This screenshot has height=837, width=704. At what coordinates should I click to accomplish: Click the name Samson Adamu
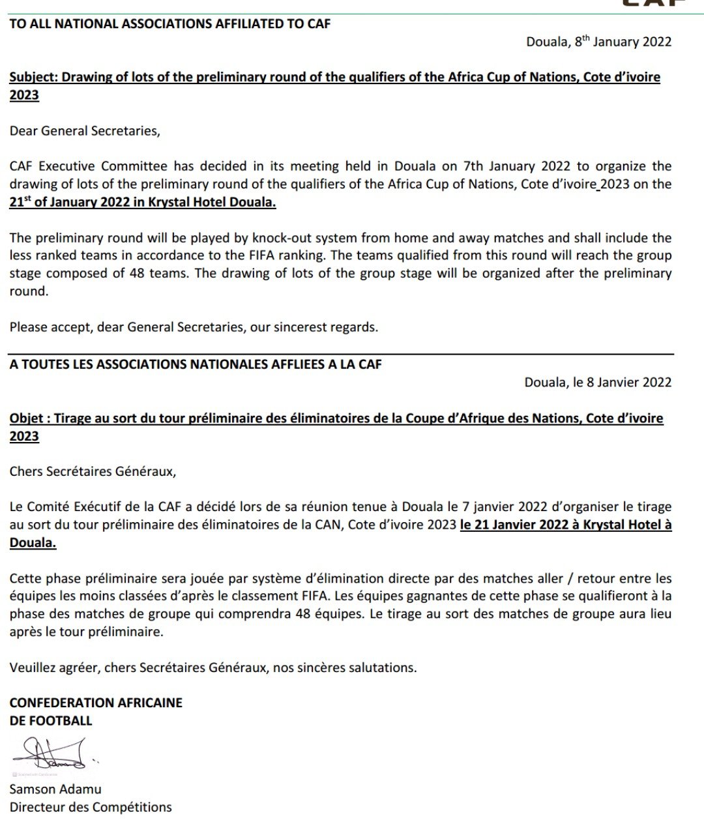[x=55, y=789]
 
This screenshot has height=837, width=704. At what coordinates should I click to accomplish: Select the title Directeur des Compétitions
[x=91, y=807]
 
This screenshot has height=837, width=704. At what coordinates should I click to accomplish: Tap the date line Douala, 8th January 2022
[x=598, y=42]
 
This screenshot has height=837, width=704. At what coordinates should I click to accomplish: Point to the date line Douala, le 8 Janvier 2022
[x=598, y=382]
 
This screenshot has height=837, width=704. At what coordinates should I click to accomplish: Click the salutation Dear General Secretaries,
[x=85, y=130]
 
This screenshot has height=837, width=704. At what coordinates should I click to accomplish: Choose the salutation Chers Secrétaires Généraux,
[x=93, y=471]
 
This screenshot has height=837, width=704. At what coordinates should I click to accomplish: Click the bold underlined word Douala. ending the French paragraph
[x=33, y=543]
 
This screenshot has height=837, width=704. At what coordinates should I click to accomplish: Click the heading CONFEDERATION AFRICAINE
[x=96, y=703]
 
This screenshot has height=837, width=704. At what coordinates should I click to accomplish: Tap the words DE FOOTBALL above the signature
[x=51, y=720]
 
